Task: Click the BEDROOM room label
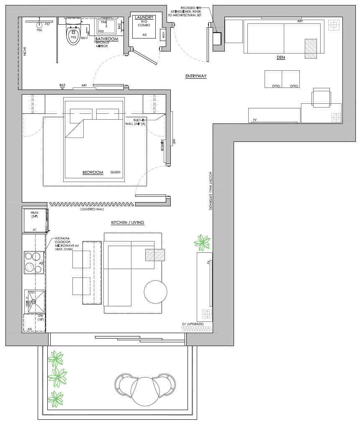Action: [x=93, y=172]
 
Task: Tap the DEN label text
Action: [x=280, y=58]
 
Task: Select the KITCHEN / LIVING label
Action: [x=128, y=223]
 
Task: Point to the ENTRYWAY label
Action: [x=196, y=76]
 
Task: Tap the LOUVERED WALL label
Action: [x=92, y=209]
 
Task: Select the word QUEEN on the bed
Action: [x=115, y=172]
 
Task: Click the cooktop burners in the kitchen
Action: [x=33, y=261]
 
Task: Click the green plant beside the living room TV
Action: [x=203, y=242]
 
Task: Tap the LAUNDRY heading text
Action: [x=144, y=17]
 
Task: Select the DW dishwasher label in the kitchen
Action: [x=40, y=318]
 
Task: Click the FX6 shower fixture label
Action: [x=39, y=30]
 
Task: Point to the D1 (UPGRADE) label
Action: [x=193, y=324]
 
